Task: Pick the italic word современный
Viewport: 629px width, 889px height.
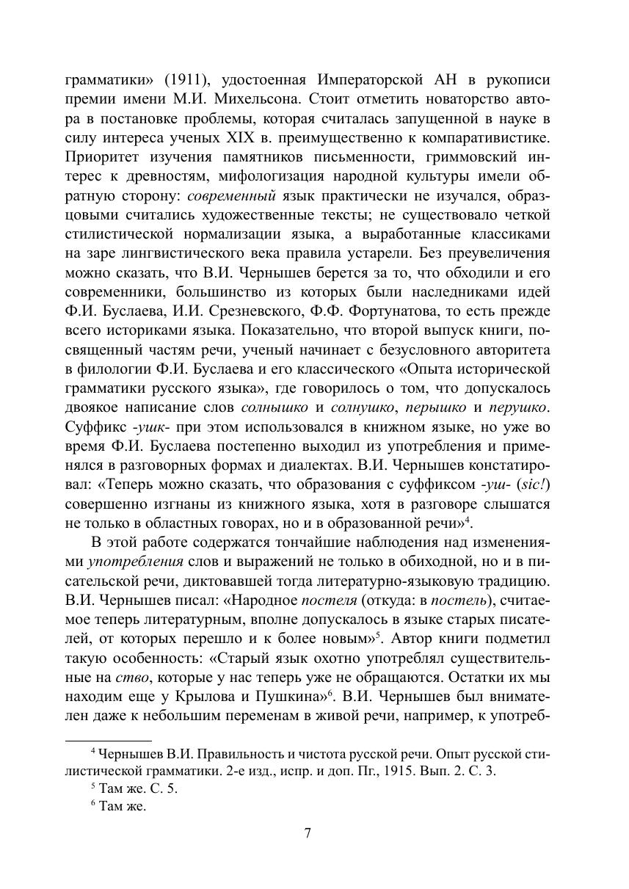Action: pyautogui.click(x=231, y=195)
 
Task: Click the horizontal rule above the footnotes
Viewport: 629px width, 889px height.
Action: pyautogui.click(x=108, y=741)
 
